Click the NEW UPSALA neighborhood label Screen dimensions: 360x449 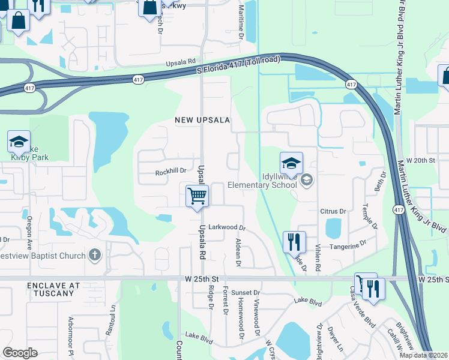tap(202, 120)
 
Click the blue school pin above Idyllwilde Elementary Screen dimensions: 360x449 tap(291, 163)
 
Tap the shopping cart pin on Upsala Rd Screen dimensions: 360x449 tap(197, 196)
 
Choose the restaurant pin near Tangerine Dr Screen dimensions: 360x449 tap(294, 242)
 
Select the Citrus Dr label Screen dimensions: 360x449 tap(334, 211)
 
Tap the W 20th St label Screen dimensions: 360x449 tap(420, 161)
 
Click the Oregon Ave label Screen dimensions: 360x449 tap(28, 230)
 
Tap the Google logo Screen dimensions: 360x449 tap(20, 353)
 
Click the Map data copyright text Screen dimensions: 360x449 tap(423, 355)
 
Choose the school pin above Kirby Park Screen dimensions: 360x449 tap(19, 142)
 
